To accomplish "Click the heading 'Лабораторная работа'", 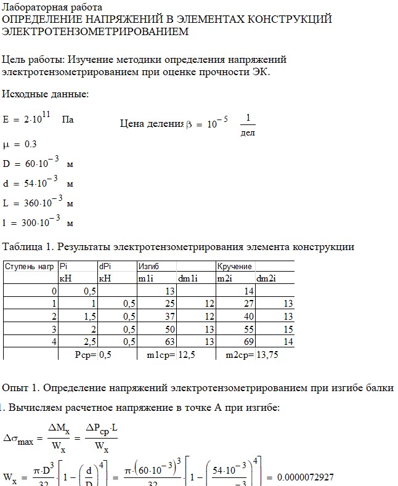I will click(x=47, y=7).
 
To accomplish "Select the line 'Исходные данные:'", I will click(x=46, y=94).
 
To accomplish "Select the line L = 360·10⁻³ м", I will click(x=38, y=202).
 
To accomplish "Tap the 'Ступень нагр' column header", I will click(x=28, y=267).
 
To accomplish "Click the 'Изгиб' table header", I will click(x=148, y=267).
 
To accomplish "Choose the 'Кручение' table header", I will click(x=234, y=267).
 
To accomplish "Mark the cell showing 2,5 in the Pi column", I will click(x=89, y=341).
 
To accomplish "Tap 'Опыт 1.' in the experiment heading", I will click(x=20, y=387).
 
